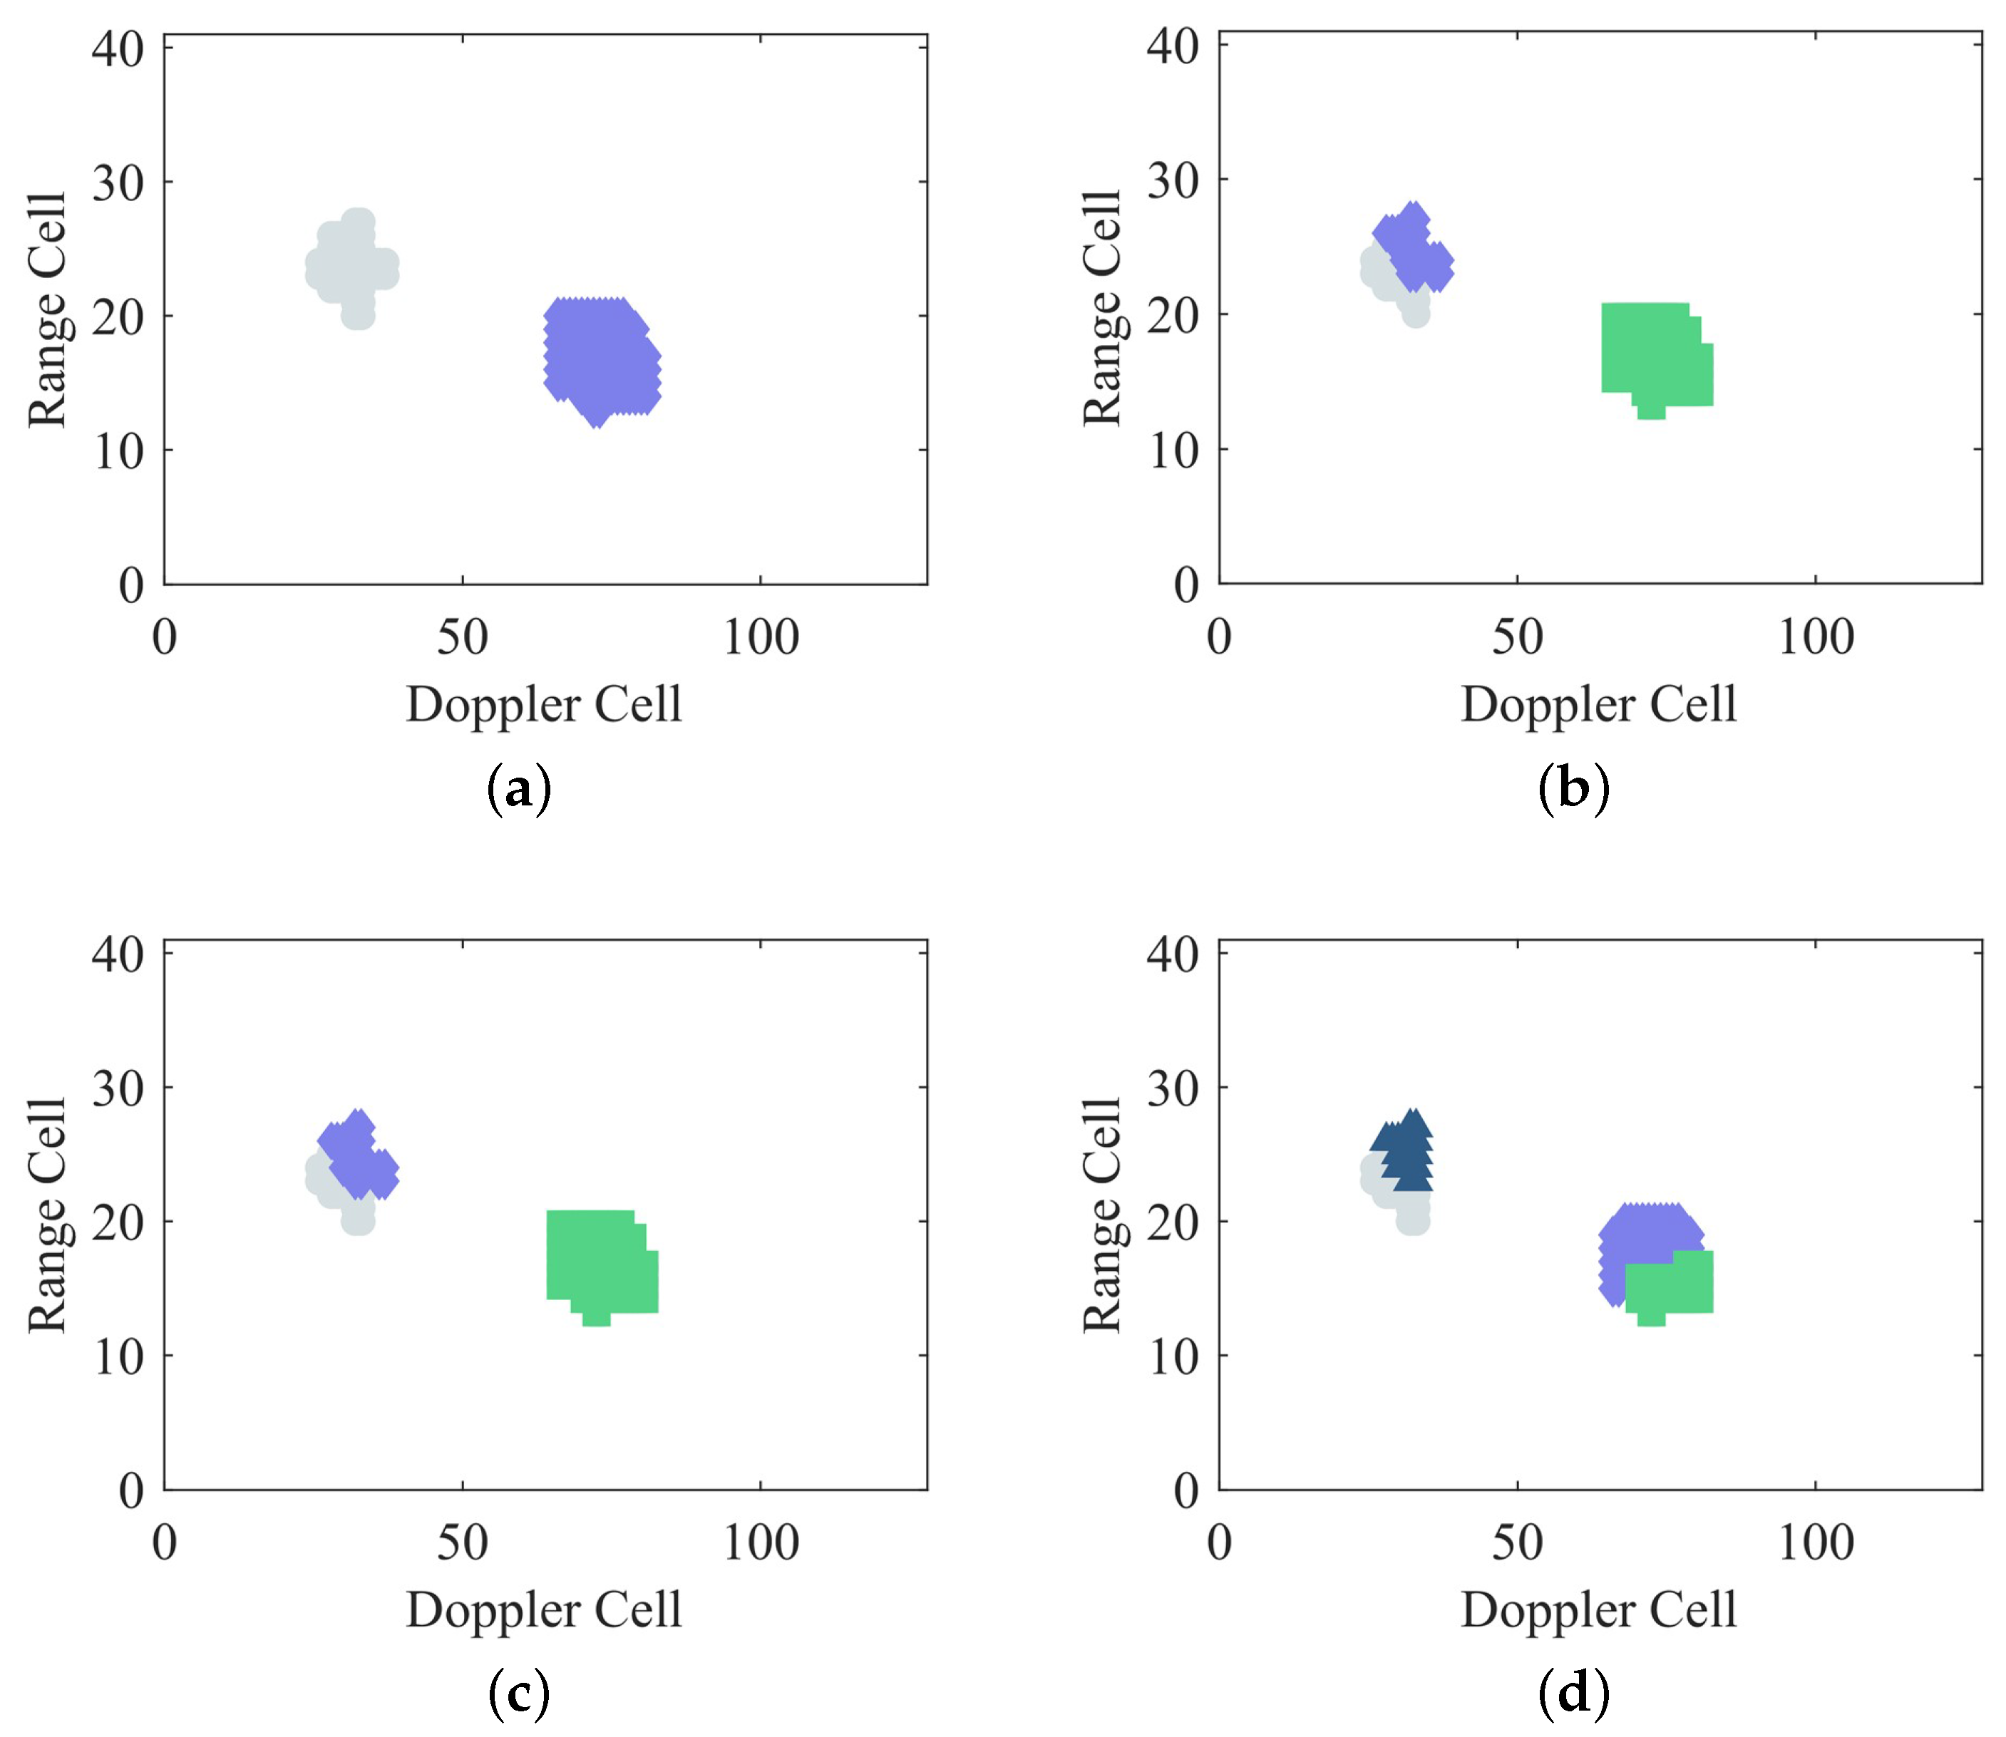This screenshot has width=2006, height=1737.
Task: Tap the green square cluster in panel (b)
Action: point(1654,359)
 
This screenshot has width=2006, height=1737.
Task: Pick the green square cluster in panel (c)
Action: point(600,1265)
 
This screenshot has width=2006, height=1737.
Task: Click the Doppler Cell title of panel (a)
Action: point(544,705)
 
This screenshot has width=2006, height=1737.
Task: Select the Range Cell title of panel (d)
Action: point(1102,1217)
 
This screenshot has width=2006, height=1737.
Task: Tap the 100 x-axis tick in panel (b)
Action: point(1815,638)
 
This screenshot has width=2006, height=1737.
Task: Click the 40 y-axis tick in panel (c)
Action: point(118,955)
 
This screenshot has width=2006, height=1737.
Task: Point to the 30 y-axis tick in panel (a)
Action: point(118,182)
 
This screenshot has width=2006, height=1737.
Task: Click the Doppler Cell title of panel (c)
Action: point(544,1610)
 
